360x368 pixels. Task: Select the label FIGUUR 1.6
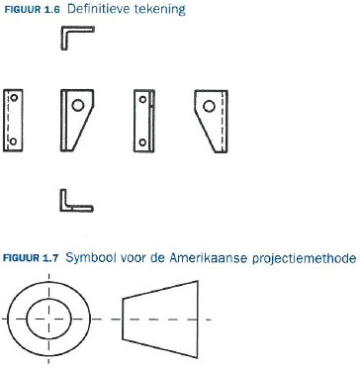[x=32, y=10]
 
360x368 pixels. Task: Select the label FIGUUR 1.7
[x=31, y=258]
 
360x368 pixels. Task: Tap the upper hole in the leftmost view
[x=14, y=98]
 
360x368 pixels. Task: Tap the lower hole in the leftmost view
[x=13, y=141]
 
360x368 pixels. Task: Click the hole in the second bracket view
[x=78, y=106]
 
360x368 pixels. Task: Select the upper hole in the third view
[x=142, y=99]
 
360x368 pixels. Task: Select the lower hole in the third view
[x=142, y=142]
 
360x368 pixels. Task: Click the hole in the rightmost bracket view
[x=209, y=106]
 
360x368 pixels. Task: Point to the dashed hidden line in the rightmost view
[x=223, y=121]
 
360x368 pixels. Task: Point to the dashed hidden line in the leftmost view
[x=7, y=121]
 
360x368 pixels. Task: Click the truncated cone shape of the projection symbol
[x=160, y=320]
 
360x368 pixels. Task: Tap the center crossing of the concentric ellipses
[x=48, y=319]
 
